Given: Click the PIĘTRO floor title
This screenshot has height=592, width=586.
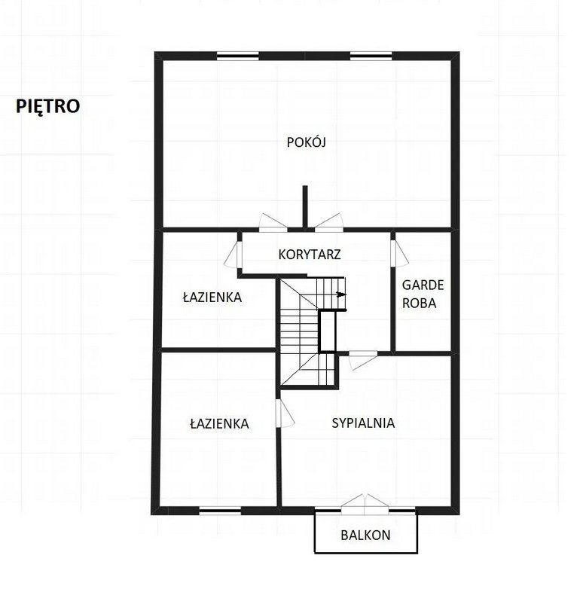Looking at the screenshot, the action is tap(47, 106).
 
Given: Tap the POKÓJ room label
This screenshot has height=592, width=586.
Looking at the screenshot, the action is tap(307, 142).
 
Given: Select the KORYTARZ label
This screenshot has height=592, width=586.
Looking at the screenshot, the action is tap(310, 255).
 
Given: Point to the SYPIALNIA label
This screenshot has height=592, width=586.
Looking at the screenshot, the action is tap(363, 423).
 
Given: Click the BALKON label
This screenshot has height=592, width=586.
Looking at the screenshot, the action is tap(365, 535).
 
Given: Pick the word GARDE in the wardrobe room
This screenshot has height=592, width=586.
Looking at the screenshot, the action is tap(423, 285).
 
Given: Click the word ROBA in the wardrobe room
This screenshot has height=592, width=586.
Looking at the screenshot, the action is tap(419, 304).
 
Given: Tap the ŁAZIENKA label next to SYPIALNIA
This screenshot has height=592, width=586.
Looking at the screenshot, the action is tap(219, 423).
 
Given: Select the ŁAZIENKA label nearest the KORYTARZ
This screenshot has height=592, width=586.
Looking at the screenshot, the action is tap(212, 297).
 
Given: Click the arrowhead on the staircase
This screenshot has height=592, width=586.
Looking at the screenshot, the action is tap(341, 294).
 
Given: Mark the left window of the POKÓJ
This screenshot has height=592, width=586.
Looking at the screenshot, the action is tap(238, 56).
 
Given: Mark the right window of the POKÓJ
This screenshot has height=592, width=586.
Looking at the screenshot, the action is tap(371, 56).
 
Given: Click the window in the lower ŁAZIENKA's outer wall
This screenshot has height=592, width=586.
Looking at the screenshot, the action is tap(220, 511).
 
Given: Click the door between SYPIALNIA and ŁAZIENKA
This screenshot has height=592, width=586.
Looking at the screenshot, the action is tap(284, 413).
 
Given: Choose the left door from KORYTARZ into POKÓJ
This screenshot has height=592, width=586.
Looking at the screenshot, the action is tap(273, 223).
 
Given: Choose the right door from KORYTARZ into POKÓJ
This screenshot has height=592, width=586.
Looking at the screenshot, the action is tap(329, 223).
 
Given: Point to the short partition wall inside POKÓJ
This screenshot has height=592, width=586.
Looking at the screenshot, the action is tap(305, 207).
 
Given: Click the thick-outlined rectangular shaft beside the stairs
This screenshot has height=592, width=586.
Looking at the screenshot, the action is tap(328, 331).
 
